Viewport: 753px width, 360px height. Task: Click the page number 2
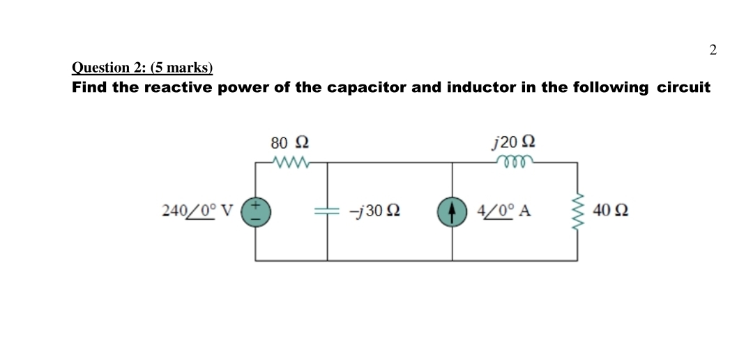(x=712, y=50)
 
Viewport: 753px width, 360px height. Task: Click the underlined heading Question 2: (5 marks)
(x=142, y=68)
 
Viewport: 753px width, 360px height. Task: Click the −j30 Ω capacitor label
(x=374, y=211)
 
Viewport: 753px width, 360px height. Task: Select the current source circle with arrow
(x=451, y=211)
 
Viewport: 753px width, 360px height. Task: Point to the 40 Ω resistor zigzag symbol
(x=577, y=211)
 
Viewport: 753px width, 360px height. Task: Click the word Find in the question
(x=89, y=88)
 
